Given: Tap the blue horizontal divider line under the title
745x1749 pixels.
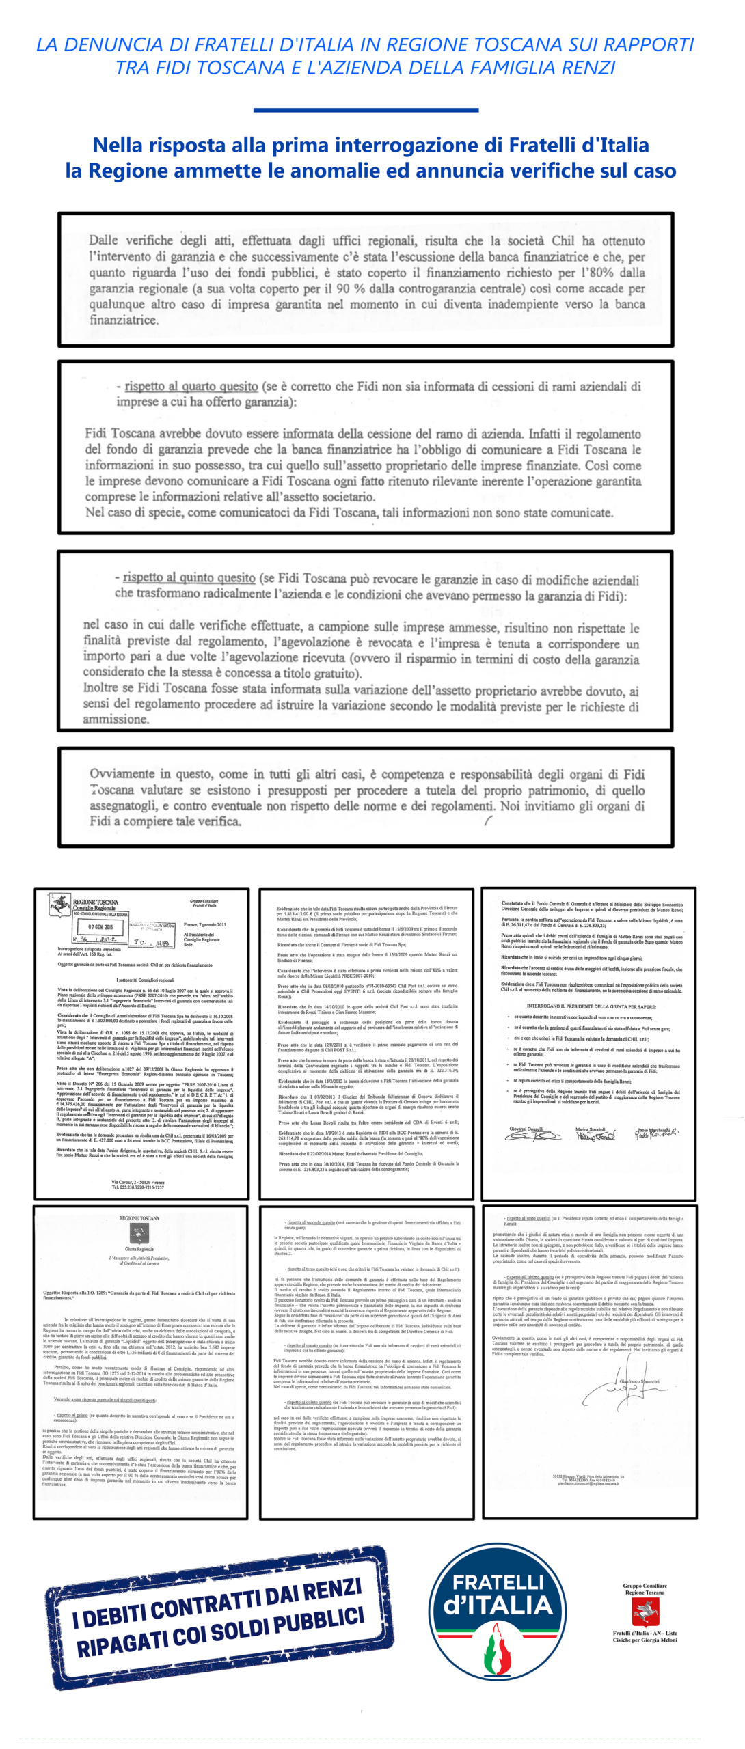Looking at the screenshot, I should (x=366, y=109).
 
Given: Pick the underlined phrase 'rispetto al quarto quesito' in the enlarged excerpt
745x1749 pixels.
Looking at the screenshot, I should (x=191, y=387).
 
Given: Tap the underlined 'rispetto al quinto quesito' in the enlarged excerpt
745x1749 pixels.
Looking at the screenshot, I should (x=189, y=578).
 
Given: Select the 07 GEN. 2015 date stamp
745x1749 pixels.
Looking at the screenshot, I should (x=100, y=927).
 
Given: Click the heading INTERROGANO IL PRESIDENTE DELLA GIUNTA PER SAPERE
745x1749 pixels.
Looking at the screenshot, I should (x=591, y=1006).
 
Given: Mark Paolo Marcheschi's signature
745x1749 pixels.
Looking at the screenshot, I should (x=657, y=1135).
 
